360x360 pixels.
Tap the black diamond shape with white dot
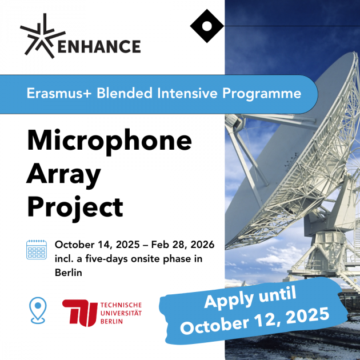click(x=206, y=26)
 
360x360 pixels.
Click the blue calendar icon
click(x=37, y=250)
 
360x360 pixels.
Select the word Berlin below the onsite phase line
click(x=69, y=273)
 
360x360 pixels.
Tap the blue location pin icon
click(x=37, y=310)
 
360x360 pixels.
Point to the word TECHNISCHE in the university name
click(x=120, y=305)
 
